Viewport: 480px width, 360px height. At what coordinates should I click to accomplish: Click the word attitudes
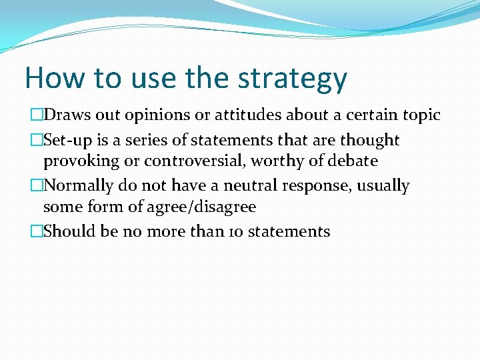pos(248,115)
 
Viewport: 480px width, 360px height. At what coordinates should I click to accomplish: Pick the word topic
pos(421,115)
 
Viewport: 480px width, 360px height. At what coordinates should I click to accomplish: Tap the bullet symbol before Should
pos(37,232)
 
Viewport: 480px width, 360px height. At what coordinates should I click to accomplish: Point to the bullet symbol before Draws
pos(37,115)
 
